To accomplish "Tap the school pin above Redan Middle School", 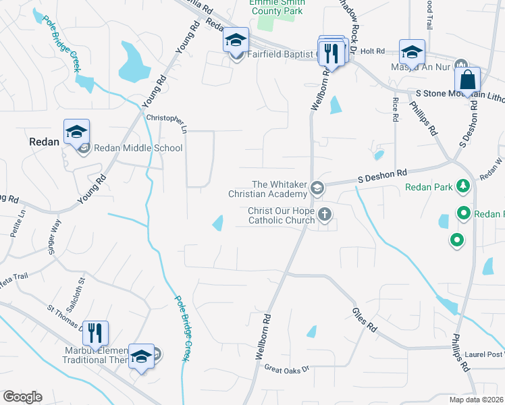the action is click(x=76, y=132).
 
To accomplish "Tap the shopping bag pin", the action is click(x=467, y=80).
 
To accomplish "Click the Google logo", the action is click(x=22, y=397).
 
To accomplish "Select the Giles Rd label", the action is click(x=364, y=319).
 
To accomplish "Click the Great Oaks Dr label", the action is click(x=286, y=369).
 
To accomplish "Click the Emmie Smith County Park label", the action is click(x=277, y=7).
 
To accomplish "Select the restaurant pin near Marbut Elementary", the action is click(x=95, y=333).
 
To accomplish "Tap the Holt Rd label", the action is click(x=372, y=51).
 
